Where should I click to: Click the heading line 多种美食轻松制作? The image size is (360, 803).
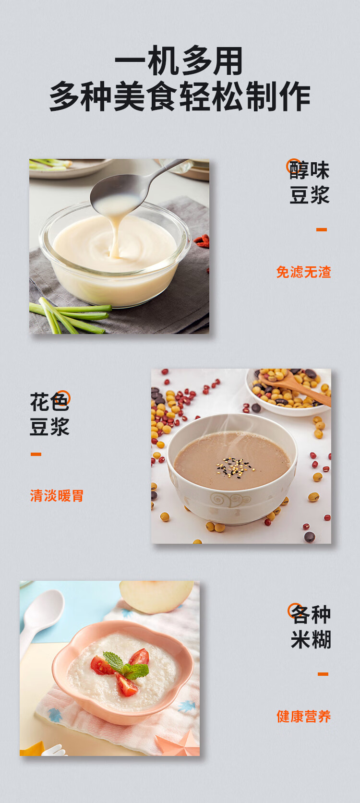(x=180, y=96)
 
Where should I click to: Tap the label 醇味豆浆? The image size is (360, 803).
(x=309, y=183)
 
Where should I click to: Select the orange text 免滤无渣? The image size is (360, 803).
(x=304, y=272)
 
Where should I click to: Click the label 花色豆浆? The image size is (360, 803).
(x=49, y=414)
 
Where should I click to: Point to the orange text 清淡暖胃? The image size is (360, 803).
(x=57, y=496)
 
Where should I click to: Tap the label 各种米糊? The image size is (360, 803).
(x=311, y=626)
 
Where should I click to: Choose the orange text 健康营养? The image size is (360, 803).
(x=304, y=716)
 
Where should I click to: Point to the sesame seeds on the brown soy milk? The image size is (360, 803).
(x=235, y=467)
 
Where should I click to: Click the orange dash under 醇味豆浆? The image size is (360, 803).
(x=321, y=230)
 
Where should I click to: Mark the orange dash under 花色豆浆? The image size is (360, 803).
(x=36, y=454)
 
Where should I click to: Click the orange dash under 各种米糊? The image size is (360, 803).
(x=323, y=674)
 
